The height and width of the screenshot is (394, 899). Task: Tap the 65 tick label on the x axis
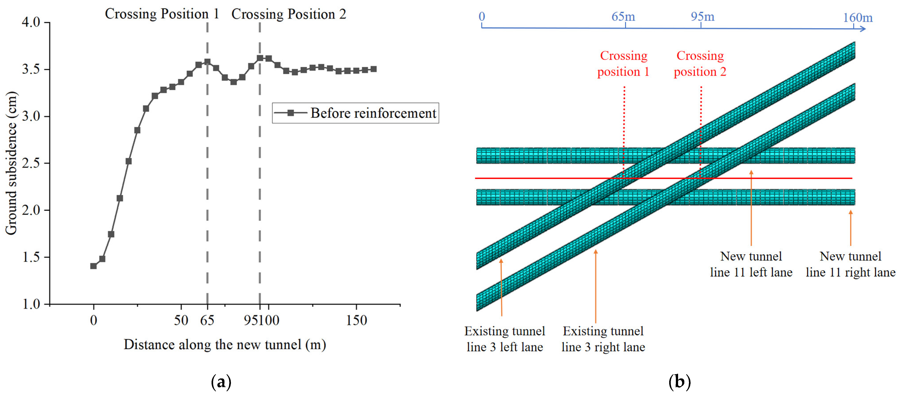(x=207, y=320)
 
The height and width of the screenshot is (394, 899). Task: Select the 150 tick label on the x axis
(x=356, y=320)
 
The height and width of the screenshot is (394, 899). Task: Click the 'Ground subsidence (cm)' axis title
(x=11, y=163)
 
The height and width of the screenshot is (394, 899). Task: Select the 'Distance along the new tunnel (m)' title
(x=225, y=344)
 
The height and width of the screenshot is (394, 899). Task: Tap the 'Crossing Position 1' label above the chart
(x=162, y=14)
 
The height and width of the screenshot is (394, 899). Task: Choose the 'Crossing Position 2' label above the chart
(x=289, y=14)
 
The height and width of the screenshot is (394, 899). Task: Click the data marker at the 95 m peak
(x=260, y=58)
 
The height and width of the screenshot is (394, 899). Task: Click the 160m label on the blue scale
(x=858, y=17)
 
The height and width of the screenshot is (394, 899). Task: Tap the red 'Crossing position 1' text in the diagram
(x=623, y=63)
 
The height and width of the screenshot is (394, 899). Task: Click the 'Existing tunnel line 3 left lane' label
(x=505, y=339)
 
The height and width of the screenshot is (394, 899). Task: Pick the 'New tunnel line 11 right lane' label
(x=850, y=264)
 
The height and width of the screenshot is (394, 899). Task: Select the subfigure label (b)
(x=679, y=382)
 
